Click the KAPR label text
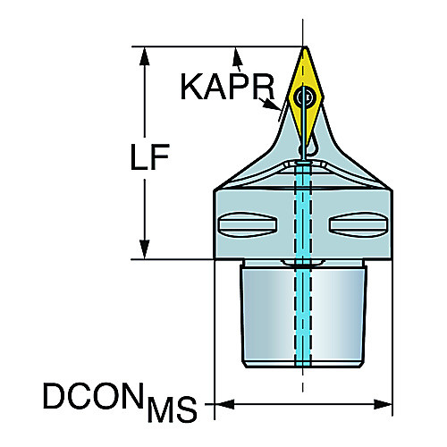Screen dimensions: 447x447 [227, 87]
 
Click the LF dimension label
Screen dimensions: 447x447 [150, 157]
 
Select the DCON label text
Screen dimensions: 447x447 [93, 396]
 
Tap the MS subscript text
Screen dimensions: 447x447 [173, 409]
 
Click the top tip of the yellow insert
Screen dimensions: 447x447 [305, 48]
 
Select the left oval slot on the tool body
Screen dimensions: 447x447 [248, 224]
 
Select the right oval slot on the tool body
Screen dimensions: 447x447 [358, 224]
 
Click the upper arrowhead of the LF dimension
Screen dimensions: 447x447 [145, 56]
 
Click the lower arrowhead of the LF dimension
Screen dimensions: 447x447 [145, 249]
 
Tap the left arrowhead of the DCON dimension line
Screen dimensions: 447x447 [224, 404]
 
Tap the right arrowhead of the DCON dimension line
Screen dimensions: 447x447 [383, 404]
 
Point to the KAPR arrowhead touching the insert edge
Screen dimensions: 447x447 [272, 105]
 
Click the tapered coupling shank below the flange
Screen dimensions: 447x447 [303, 316]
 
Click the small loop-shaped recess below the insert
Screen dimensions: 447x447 [310, 145]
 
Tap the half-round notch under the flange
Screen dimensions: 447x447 [303, 262]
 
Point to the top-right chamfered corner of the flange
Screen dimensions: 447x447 [391, 190]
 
